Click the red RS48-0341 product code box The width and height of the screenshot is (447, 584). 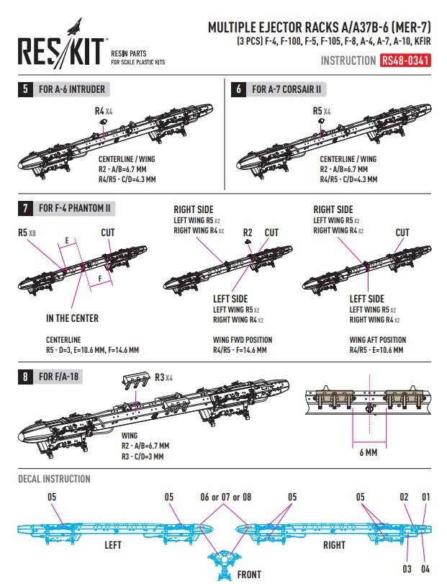click(406, 61)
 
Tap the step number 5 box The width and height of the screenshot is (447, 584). click(26, 90)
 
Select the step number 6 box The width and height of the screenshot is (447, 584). click(238, 90)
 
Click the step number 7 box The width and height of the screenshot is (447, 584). click(26, 209)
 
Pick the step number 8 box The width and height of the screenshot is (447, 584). click(26, 377)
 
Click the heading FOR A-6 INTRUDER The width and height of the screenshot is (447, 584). click(73, 90)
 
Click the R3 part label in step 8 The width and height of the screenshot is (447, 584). click(160, 377)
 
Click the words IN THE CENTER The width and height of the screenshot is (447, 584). click(72, 318)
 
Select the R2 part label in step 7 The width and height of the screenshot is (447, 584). click(248, 233)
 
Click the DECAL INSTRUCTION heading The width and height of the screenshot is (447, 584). click(54, 479)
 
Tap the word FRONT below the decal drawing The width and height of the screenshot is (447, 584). click(250, 575)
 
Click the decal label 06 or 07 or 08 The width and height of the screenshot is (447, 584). click(225, 497)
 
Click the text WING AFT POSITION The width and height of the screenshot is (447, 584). click(377, 340)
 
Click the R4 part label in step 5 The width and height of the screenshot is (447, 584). click(99, 112)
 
